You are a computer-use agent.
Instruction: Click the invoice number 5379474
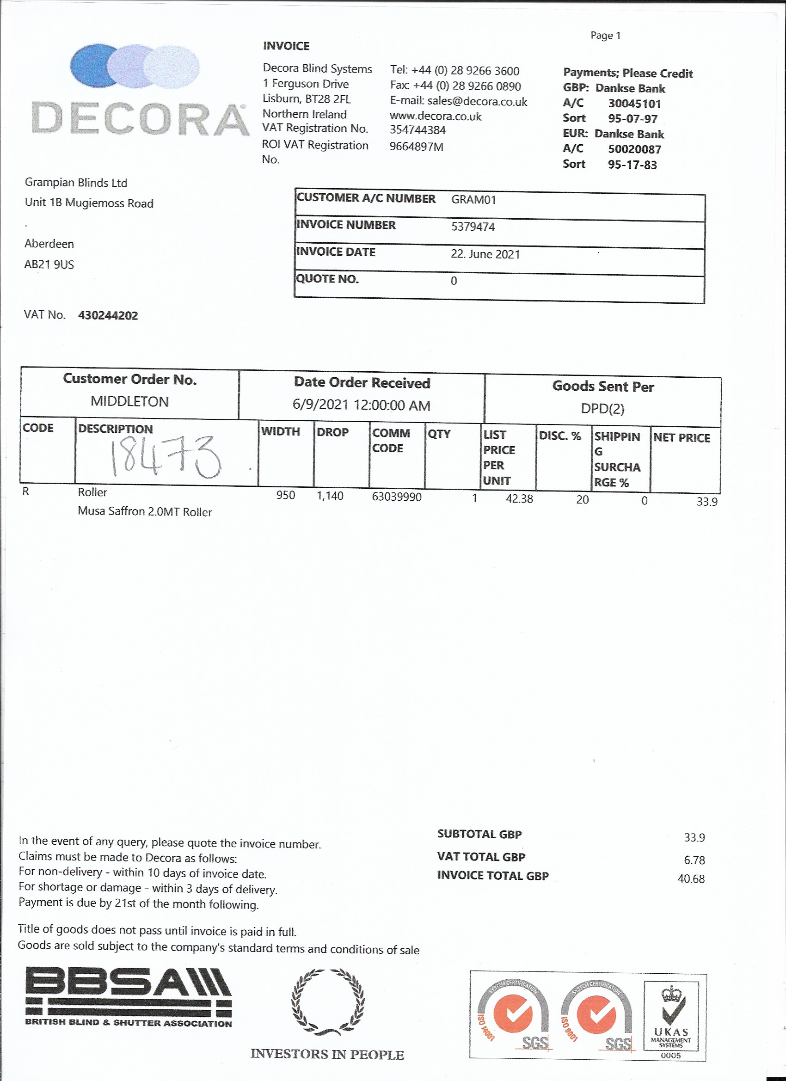click(473, 227)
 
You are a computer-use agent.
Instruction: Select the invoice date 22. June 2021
click(485, 254)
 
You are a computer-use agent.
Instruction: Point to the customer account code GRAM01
click(473, 200)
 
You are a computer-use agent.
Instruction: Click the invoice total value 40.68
click(691, 878)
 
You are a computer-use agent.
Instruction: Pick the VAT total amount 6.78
click(694, 860)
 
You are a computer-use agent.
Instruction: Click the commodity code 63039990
click(397, 497)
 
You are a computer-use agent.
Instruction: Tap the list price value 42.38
click(519, 498)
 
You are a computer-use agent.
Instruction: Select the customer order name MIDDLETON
click(129, 401)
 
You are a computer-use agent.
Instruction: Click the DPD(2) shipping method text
click(602, 408)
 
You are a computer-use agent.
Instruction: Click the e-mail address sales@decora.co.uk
click(477, 102)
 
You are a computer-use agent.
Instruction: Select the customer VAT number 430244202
click(108, 315)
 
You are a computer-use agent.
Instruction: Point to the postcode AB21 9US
click(49, 264)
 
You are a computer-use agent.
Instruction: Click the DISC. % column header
click(559, 436)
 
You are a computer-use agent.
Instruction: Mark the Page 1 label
click(605, 35)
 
